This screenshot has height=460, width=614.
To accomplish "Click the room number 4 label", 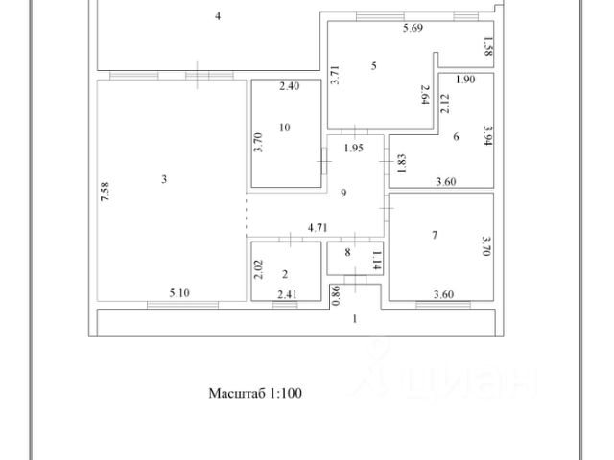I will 219,16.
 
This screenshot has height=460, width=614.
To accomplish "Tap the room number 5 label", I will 374,65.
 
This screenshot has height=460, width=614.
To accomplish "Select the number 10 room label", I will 284,126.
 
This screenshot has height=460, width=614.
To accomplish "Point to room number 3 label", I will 164,178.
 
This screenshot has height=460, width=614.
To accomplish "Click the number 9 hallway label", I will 342,193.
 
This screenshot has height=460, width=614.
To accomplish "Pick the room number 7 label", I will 456,137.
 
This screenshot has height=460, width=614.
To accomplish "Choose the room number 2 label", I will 348,253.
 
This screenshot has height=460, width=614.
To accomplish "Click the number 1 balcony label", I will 355,318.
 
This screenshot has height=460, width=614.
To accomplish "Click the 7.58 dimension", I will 106,192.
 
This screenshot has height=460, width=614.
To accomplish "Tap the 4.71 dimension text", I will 319,228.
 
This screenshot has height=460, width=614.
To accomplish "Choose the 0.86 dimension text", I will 335,295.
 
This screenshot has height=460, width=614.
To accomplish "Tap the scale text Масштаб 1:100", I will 255,392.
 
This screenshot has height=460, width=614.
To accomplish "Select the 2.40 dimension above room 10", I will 290,86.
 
